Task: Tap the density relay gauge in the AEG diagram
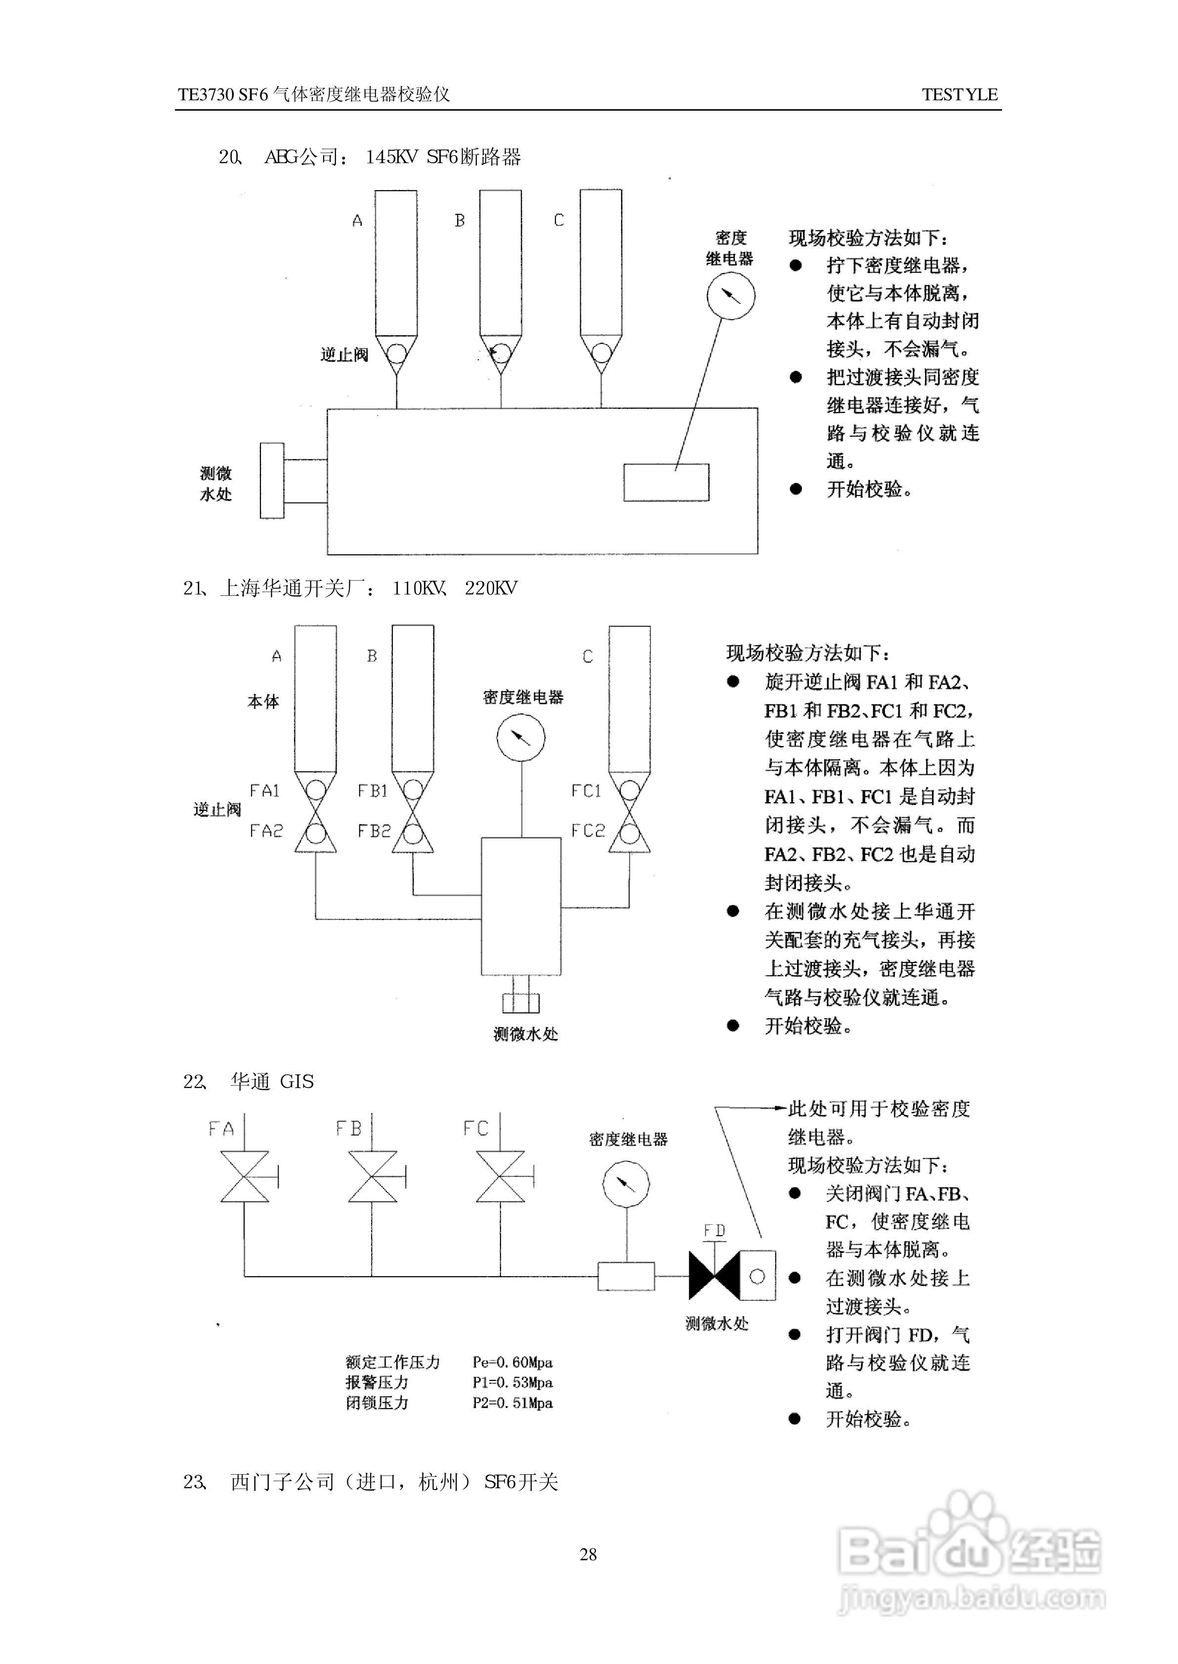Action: pos(730,296)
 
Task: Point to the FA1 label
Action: pos(265,791)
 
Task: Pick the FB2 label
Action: pos(374,831)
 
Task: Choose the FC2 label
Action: pos(587,831)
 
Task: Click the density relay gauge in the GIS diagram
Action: pos(626,1184)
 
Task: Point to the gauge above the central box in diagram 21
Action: pos(521,737)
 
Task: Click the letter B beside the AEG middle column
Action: pos(459,220)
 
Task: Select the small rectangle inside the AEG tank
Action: pos(666,482)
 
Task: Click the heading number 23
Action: pos(194,1482)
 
